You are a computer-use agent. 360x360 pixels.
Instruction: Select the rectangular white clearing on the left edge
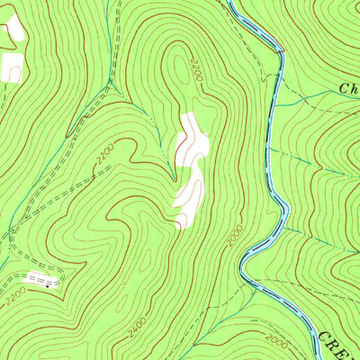click(x=11, y=67)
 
